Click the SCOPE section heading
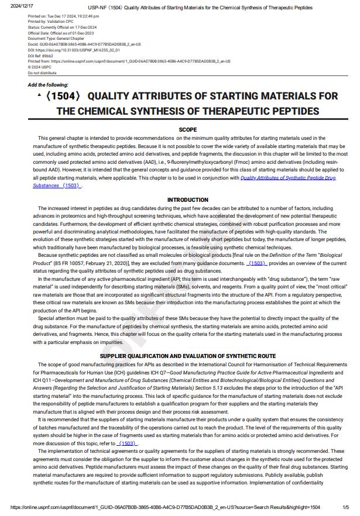coord(187,129)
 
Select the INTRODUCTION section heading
coord(187,200)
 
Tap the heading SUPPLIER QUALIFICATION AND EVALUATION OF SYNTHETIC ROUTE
coord(187,356)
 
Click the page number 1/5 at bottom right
coord(345,507)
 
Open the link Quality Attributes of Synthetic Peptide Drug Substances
coord(288,178)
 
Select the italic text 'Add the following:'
coord(48,85)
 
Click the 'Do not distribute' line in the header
coord(42,73)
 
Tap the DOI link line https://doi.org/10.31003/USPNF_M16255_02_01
coord(64,50)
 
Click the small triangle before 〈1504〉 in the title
coord(39,94)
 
